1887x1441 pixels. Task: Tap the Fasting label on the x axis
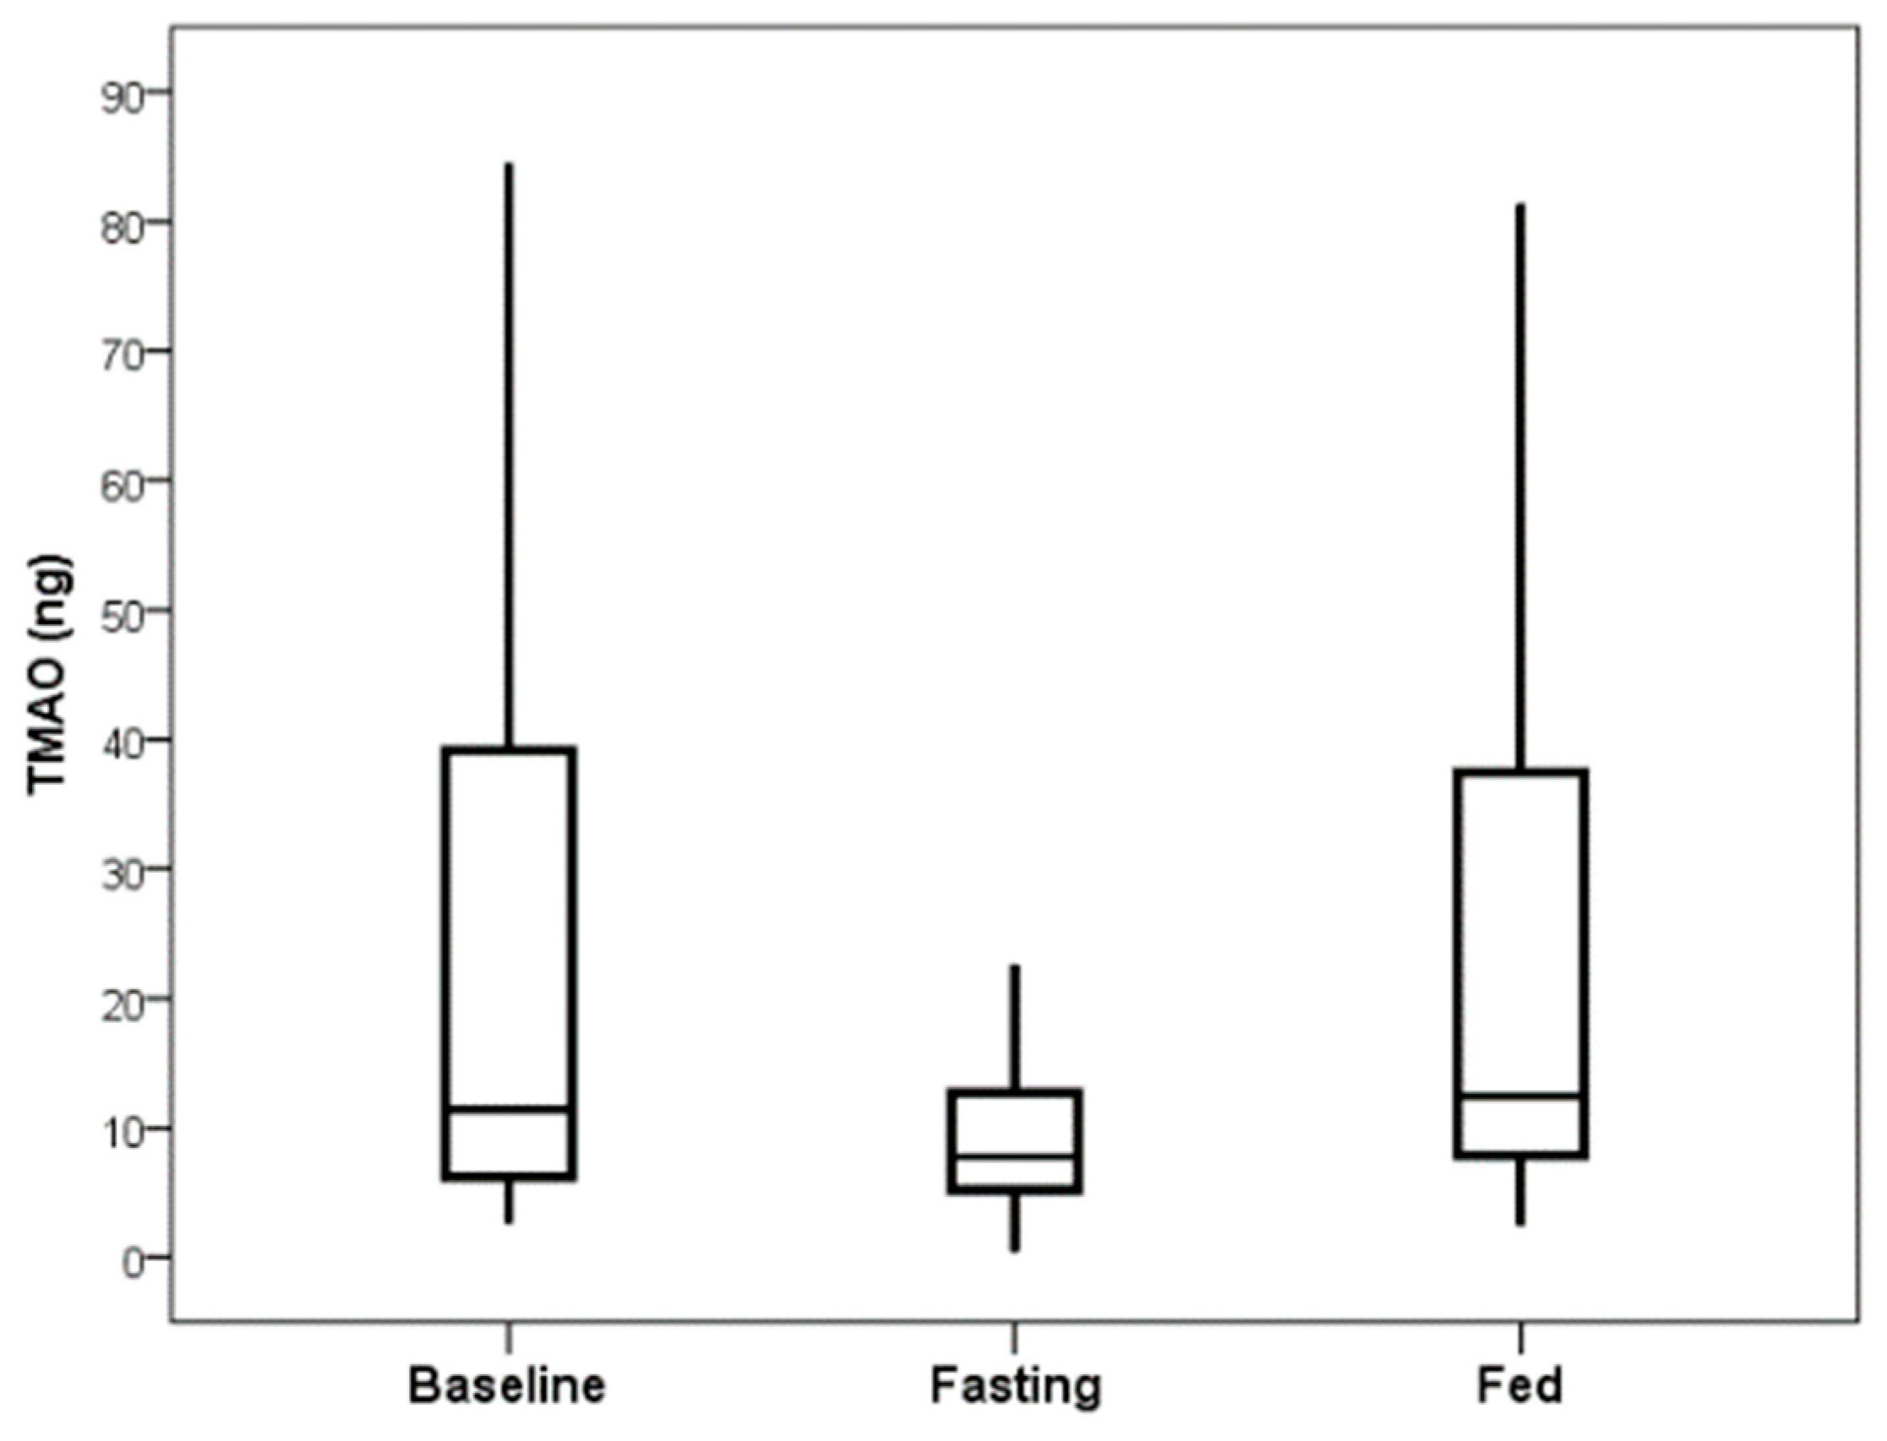click(x=1014, y=1387)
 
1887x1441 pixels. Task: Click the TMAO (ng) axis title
click(x=50, y=675)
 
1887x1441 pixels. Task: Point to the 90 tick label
click(x=121, y=92)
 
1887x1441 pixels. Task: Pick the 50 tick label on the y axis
click(x=121, y=611)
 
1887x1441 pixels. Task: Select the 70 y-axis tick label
click(x=121, y=351)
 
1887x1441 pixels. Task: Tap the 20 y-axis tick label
click(x=121, y=998)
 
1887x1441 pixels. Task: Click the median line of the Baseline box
click(x=509, y=1109)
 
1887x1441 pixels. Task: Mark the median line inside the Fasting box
click(x=1014, y=1156)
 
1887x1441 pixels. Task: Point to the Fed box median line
click(x=1520, y=1096)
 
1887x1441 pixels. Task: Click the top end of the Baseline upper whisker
click(x=509, y=164)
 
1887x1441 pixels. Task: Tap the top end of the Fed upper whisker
click(x=1520, y=206)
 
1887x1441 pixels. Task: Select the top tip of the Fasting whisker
click(x=1014, y=966)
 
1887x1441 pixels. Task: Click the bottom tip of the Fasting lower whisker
click(x=1014, y=1250)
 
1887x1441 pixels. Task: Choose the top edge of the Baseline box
click(x=509, y=750)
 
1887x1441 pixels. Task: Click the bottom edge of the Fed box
click(x=1520, y=1156)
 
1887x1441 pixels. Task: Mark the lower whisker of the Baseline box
click(x=509, y=1201)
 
